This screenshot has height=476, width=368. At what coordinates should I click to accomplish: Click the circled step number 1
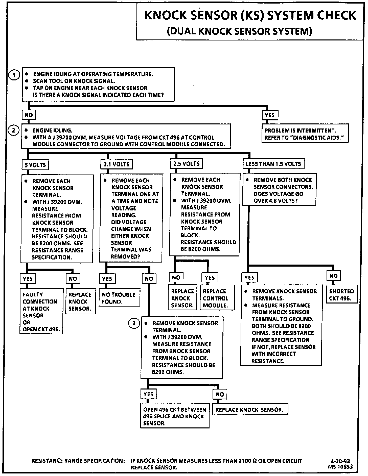(14, 75)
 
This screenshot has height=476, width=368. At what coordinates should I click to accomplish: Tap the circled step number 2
(14, 131)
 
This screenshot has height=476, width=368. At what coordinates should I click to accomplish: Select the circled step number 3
(134, 323)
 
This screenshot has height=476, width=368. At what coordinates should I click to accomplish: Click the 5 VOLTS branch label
(35, 165)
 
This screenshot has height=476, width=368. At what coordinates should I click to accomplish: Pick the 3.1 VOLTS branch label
(117, 164)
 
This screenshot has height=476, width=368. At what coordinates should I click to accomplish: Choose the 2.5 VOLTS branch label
(186, 164)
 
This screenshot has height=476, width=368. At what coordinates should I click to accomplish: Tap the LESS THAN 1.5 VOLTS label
(273, 164)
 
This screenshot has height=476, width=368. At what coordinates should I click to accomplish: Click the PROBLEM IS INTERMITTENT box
(305, 134)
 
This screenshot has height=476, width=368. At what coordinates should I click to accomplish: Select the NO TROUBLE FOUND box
(119, 298)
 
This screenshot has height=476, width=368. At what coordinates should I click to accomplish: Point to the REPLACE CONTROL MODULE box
(217, 298)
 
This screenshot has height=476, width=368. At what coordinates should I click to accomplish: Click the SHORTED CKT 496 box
(342, 295)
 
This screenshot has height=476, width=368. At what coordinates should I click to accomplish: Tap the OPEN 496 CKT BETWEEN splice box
(175, 416)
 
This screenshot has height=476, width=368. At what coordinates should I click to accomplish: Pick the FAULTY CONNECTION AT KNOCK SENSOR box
(41, 312)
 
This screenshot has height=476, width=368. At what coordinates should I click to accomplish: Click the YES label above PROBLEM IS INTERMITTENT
(270, 115)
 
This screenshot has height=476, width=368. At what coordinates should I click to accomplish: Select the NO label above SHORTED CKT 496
(333, 276)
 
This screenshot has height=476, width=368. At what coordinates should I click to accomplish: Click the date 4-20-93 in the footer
(340, 461)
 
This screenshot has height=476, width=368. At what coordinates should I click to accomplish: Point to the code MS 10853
(340, 467)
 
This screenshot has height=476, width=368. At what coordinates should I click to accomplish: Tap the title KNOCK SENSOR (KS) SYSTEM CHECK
(250, 15)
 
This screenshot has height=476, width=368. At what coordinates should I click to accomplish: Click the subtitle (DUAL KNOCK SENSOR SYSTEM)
(239, 31)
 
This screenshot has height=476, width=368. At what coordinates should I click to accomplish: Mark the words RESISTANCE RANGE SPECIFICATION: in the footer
(78, 461)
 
